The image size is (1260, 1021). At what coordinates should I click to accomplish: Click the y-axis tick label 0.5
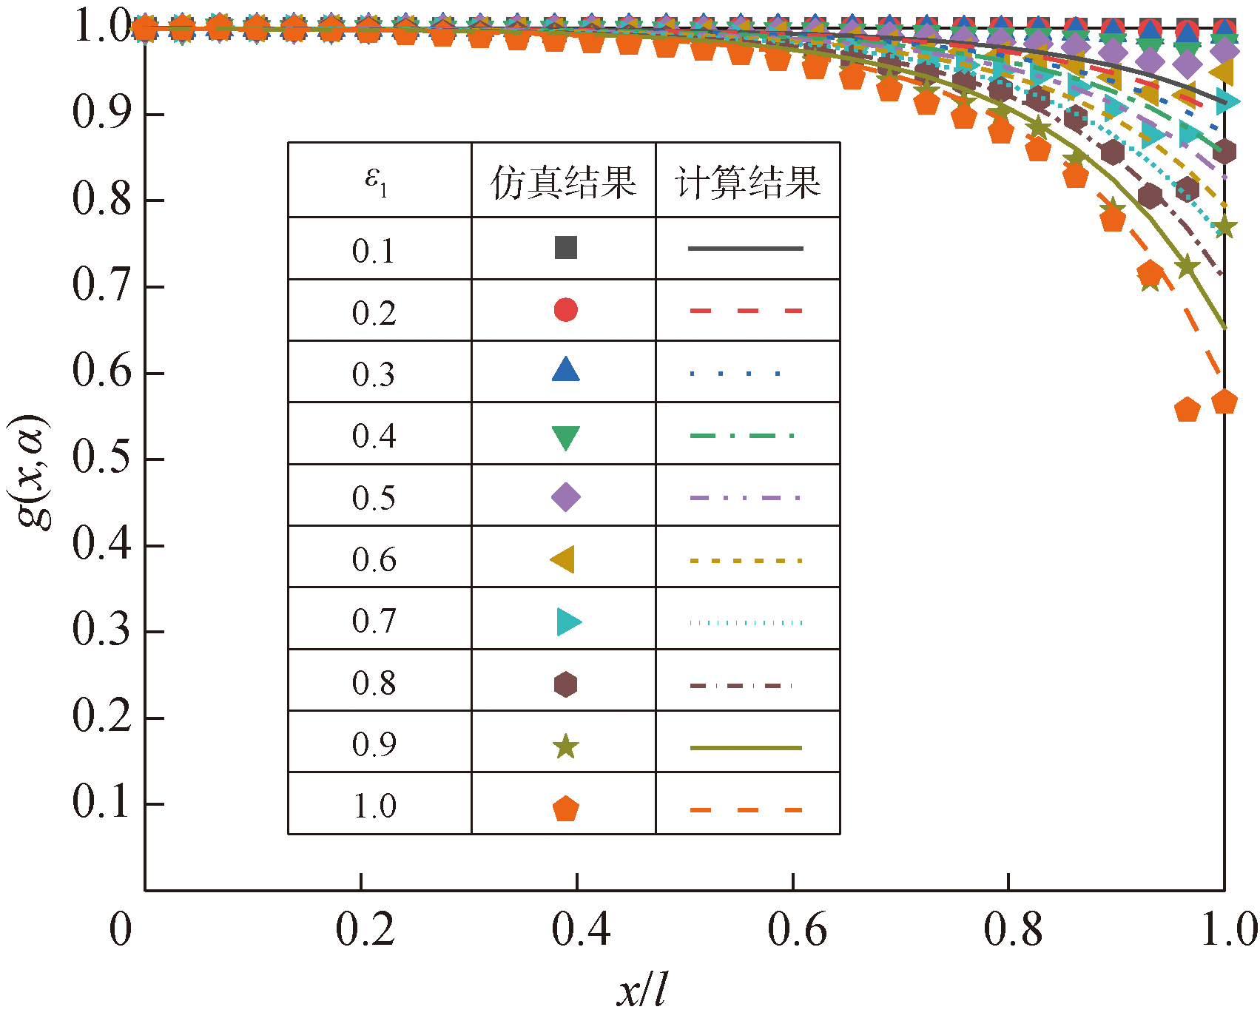[101, 457]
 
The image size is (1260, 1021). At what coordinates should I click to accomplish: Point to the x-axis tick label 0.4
[581, 929]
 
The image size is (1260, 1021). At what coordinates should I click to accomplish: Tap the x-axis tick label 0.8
[1013, 929]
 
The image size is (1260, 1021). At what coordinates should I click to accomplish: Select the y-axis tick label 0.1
[101, 802]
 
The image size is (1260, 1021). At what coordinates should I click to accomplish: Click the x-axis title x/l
[641, 989]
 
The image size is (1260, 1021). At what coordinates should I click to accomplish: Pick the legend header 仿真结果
[563, 181]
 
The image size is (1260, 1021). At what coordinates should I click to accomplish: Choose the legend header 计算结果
[747, 181]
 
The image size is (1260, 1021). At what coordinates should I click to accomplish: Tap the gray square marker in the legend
[566, 248]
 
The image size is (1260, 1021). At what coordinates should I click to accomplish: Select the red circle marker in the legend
[566, 310]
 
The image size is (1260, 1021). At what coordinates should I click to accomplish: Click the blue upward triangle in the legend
[566, 370]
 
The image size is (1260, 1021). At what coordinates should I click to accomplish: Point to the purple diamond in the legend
[566, 497]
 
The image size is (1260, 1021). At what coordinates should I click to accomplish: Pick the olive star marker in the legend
[566, 747]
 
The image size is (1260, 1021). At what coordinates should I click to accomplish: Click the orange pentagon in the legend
[566, 809]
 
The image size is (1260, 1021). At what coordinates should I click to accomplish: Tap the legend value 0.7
[374, 621]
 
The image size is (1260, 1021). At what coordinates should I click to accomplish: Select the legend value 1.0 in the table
[374, 806]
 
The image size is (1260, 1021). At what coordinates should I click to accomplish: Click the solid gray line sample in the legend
[746, 249]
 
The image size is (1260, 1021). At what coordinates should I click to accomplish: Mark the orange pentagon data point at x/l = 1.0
[1224, 402]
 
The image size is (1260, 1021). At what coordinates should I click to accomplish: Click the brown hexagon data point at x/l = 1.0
[1224, 152]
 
